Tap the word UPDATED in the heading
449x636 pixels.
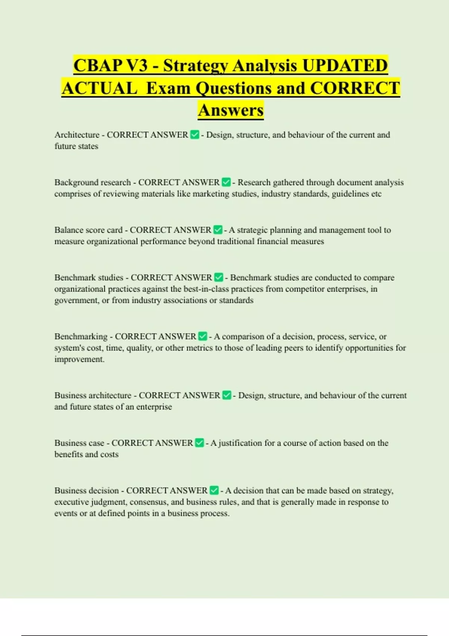tap(345, 65)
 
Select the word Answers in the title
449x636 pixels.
tap(231, 110)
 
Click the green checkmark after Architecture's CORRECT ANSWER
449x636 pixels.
tap(195, 135)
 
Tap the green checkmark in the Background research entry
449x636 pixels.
tap(226, 182)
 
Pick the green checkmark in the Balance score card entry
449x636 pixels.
tap(217, 230)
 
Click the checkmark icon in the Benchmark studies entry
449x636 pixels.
tap(219, 278)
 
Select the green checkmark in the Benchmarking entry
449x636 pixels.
tap(202, 336)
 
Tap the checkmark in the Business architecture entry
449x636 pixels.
tap(227, 395)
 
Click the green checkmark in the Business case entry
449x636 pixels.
tap(199, 443)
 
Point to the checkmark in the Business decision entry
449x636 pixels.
tap(214, 490)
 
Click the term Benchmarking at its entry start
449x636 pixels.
tap(81, 336)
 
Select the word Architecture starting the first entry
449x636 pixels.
tap(77, 135)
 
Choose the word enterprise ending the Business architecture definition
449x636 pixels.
tap(154, 407)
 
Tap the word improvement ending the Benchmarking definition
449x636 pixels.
tap(79, 359)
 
